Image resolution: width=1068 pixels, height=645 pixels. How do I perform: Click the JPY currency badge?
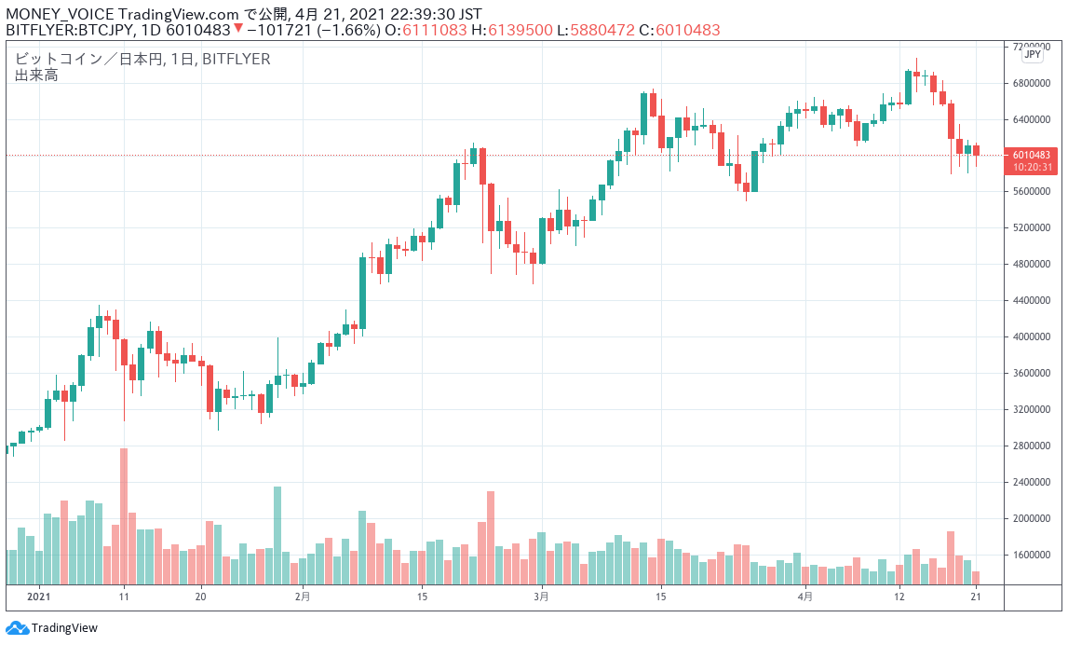1033,55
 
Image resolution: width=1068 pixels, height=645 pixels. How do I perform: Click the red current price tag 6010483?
1033,155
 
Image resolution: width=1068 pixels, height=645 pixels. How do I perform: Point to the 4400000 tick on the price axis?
1034,300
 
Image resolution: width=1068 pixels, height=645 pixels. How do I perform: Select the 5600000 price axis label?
1034,191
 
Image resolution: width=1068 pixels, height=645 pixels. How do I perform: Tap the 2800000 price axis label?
1034,446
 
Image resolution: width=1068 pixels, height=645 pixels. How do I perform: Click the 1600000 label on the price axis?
1034,555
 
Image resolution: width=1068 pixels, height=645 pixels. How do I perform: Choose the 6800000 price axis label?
1034,83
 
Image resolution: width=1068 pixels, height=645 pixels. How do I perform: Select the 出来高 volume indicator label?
36,75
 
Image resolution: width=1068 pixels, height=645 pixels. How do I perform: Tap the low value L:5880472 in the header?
596,30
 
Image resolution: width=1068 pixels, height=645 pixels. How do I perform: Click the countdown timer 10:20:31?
1033,168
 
